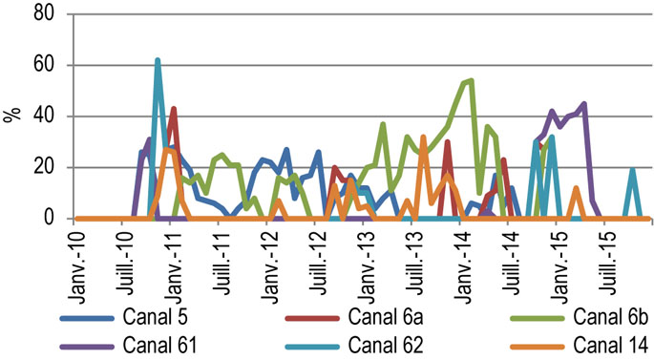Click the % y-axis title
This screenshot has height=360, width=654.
coord(11,116)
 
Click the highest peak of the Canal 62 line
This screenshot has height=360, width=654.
coord(158,60)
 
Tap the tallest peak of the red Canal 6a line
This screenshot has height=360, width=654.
coord(173,109)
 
